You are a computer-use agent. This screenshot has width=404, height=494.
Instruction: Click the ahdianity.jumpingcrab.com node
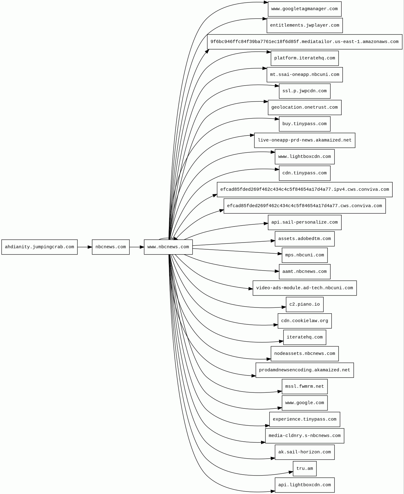click(x=40, y=247)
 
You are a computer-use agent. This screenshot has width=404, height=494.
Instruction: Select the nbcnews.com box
click(x=111, y=247)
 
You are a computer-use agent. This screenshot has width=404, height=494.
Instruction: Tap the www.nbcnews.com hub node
click(x=168, y=247)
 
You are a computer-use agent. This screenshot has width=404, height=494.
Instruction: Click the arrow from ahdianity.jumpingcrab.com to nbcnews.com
click(x=84, y=247)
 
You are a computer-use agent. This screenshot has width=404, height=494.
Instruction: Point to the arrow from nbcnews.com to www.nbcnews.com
click(x=137, y=247)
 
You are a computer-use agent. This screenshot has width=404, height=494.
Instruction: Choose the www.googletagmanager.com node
click(x=305, y=9)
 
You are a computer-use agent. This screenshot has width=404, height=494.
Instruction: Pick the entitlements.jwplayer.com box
click(x=305, y=25)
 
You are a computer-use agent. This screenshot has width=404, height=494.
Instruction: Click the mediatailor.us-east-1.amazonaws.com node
click(x=305, y=42)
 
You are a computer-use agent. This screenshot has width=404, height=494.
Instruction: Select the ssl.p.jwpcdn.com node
click(x=305, y=91)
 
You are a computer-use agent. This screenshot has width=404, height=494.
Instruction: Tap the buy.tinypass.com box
click(x=305, y=124)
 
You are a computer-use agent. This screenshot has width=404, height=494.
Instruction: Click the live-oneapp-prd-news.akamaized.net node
click(x=305, y=140)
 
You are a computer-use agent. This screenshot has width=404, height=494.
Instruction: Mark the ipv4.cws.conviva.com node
click(x=305, y=190)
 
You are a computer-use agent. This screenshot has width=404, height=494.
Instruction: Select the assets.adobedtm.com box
click(x=305, y=239)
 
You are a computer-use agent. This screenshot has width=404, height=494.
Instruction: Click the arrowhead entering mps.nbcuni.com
click(x=280, y=254)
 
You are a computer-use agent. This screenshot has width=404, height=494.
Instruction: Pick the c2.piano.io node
click(x=305, y=304)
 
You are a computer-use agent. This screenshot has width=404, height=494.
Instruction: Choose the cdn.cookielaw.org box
click(x=305, y=321)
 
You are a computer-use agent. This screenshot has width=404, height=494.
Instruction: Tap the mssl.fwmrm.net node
click(x=305, y=387)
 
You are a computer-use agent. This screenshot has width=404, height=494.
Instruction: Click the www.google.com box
click(x=305, y=403)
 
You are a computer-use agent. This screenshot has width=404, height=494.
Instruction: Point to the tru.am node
click(x=305, y=469)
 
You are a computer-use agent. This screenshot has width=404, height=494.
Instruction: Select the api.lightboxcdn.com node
click(x=305, y=485)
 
